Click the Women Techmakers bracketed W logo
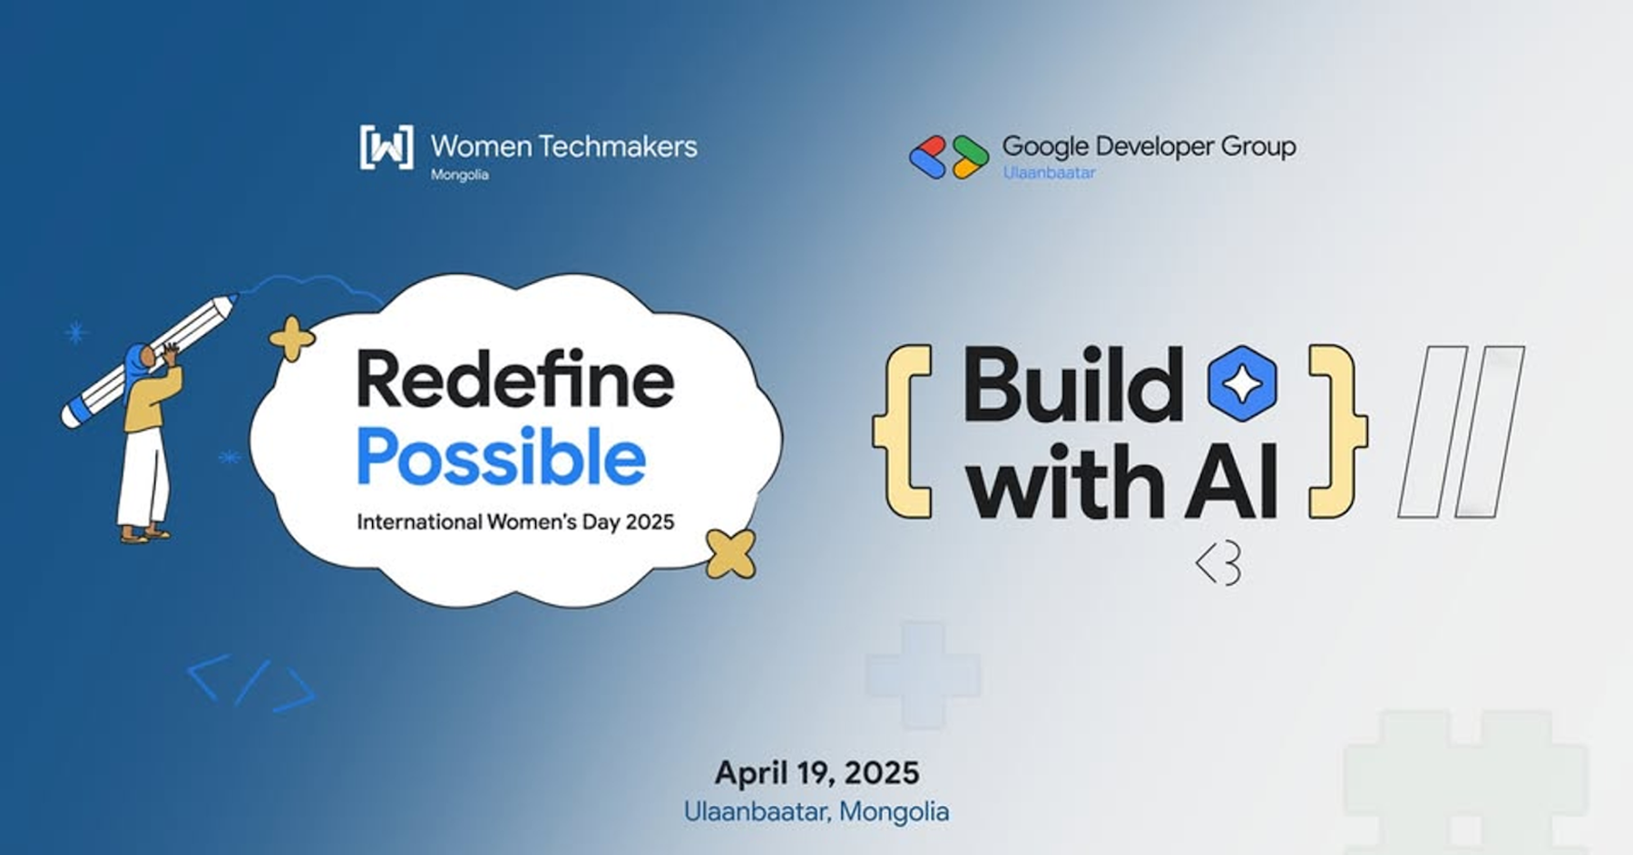point(386,147)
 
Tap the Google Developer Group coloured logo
point(949,156)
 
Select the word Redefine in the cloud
point(515,379)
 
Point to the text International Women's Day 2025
point(515,521)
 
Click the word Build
point(1073,384)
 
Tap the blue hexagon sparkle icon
point(1242,384)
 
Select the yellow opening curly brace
point(903,431)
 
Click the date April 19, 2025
point(816,772)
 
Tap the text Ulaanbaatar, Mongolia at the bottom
point(816,811)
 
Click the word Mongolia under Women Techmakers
point(459,175)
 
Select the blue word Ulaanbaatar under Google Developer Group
point(1049,172)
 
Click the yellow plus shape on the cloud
point(292,339)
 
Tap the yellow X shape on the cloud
point(730,554)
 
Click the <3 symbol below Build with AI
point(1218,565)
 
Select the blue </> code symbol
point(251,683)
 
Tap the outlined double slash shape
point(1461,432)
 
